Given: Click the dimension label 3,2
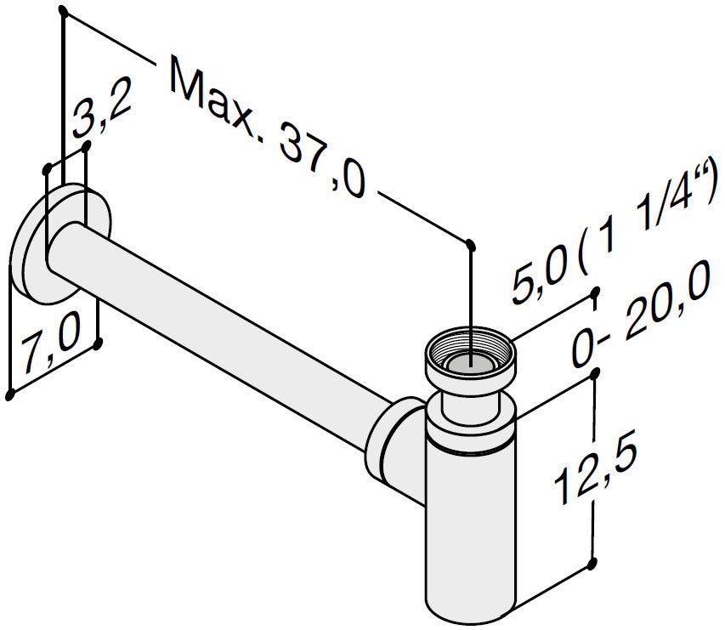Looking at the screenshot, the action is click(x=102, y=108).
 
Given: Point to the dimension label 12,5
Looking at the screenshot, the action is click(x=595, y=467).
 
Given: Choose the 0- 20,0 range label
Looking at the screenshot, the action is click(x=641, y=315).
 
